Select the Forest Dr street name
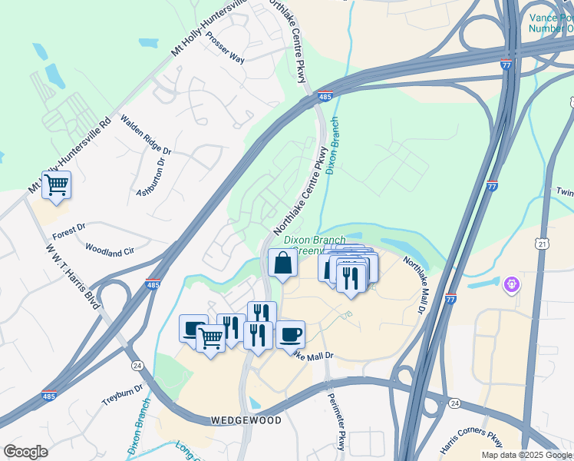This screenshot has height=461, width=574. pos(70,227)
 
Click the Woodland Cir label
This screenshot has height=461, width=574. pos(109,250)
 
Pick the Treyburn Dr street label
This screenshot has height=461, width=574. pos(123,396)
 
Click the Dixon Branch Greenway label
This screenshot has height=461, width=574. pos(315,245)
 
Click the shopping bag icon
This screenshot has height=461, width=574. pos(283,264)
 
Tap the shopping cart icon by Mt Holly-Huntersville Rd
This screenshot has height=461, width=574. pos(56,185)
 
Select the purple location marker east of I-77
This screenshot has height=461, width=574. pos(512,285)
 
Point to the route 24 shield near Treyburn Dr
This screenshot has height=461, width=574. pos(137,364)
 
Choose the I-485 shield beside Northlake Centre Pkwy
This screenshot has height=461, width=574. pos(325,97)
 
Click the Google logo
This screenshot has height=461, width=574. pos(25,452)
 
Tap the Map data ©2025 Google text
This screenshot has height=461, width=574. pos(527,455)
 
